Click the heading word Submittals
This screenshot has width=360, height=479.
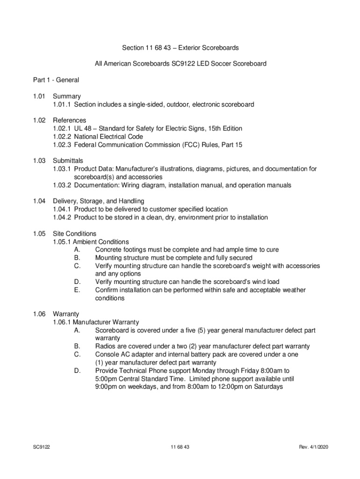[x=68, y=160]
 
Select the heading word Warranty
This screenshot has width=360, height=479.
[x=66, y=314]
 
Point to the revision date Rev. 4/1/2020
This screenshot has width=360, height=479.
[x=314, y=447]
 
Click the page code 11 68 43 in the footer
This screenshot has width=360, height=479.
[x=180, y=447]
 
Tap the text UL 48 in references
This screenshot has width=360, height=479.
[x=83, y=129]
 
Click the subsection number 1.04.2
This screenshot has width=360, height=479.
[x=62, y=218]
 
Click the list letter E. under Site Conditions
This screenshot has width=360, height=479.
[x=77, y=290]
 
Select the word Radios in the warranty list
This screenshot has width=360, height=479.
[x=106, y=346]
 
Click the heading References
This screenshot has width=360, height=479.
[x=69, y=120]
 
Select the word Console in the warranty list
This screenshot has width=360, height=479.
[x=107, y=355]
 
